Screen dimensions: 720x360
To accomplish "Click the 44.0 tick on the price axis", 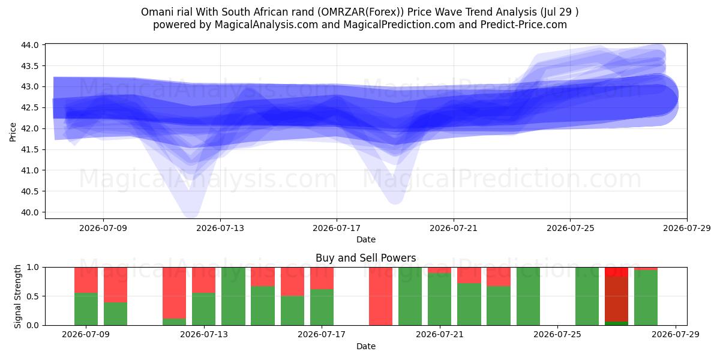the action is pyautogui.click(x=30, y=45).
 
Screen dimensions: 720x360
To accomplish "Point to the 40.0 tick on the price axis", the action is pyautogui.click(x=30, y=212).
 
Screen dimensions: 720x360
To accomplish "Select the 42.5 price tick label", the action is pyautogui.click(x=30, y=107).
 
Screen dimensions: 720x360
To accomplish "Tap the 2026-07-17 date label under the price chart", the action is pyautogui.click(x=337, y=228).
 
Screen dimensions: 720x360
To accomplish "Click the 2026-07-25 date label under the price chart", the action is pyautogui.click(x=571, y=228).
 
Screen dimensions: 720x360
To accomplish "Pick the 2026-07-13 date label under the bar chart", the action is pyautogui.click(x=204, y=335).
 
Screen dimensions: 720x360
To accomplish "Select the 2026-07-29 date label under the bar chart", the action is pyautogui.click(x=676, y=335).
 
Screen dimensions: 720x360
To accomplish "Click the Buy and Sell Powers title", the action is pyautogui.click(x=366, y=258).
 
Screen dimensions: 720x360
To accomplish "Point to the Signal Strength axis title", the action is pyautogui.click(x=17, y=296).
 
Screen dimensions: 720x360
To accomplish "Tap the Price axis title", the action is pyautogui.click(x=13, y=132).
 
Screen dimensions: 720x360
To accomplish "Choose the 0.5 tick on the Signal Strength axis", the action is pyautogui.click(x=32, y=296).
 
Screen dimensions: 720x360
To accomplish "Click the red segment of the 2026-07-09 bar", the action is pyautogui.click(x=86, y=280).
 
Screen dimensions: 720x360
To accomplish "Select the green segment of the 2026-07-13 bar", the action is pyautogui.click(x=204, y=309).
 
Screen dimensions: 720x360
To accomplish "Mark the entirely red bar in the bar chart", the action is pyautogui.click(x=380, y=296).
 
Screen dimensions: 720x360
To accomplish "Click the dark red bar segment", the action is pyautogui.click(x=617, y=299).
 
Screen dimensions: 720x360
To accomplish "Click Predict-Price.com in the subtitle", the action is pyautogui.click(x=524, y=25).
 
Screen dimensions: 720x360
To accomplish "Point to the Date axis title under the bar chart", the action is pyautogui.click(x=366, y=346).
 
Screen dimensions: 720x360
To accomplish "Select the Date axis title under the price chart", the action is pyautogui.click(x=366, y=239).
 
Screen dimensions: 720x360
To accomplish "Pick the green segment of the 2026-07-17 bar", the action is pyautogui.click(x=322, y=307).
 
